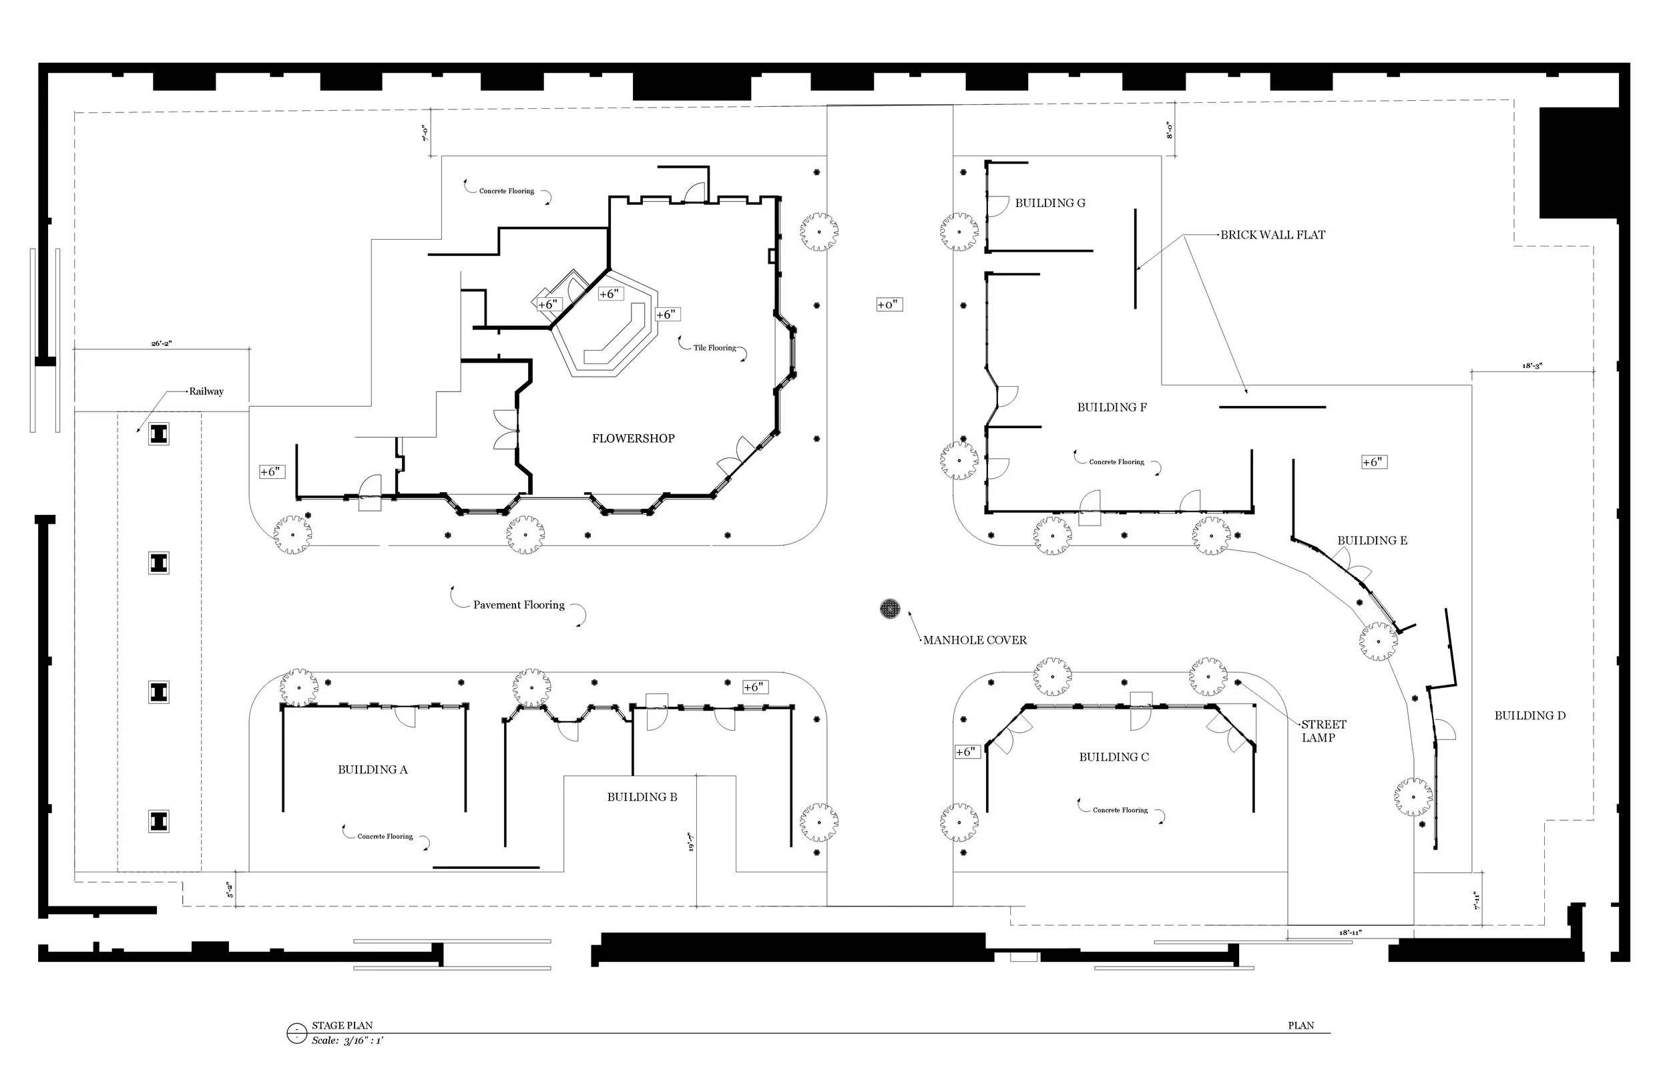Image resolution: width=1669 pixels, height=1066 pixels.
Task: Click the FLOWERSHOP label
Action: pos(633,438)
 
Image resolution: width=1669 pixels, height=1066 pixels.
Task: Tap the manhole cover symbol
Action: pos(890,609)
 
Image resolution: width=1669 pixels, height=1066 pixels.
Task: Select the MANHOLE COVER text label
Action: pos(975,640)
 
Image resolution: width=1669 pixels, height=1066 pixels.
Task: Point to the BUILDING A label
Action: pos(373,769)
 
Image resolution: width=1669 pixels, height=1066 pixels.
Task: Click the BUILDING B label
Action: pos(642,797)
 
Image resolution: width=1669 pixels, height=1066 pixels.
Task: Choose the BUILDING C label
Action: pos(1114,757)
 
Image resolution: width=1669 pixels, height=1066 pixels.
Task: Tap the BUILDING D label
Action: pos(1529,715)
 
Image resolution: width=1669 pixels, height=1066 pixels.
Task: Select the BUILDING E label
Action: pos(1372,540)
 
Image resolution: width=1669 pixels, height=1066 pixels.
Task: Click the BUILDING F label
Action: pos(1112,407)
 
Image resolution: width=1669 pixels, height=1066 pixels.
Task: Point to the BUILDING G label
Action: pos(1050,203)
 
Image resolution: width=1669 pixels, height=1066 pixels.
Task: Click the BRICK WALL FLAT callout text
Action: pos(1272,235)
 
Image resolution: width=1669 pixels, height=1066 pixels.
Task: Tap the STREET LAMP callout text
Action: pos(1323,731)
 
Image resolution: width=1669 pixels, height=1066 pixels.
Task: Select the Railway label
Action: pos(206,391)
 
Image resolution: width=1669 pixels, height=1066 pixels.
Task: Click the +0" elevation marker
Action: pos(888,305)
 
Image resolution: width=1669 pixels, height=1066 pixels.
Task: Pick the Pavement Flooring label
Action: pos(519,604)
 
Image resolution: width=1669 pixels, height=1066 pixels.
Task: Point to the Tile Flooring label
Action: pos(714,348)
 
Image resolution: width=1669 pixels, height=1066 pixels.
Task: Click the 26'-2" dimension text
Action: pos(162,343)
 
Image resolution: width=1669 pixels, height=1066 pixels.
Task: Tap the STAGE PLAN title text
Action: pos(342,1025)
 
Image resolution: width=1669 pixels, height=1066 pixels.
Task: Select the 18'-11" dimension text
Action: pos(1350,933)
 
